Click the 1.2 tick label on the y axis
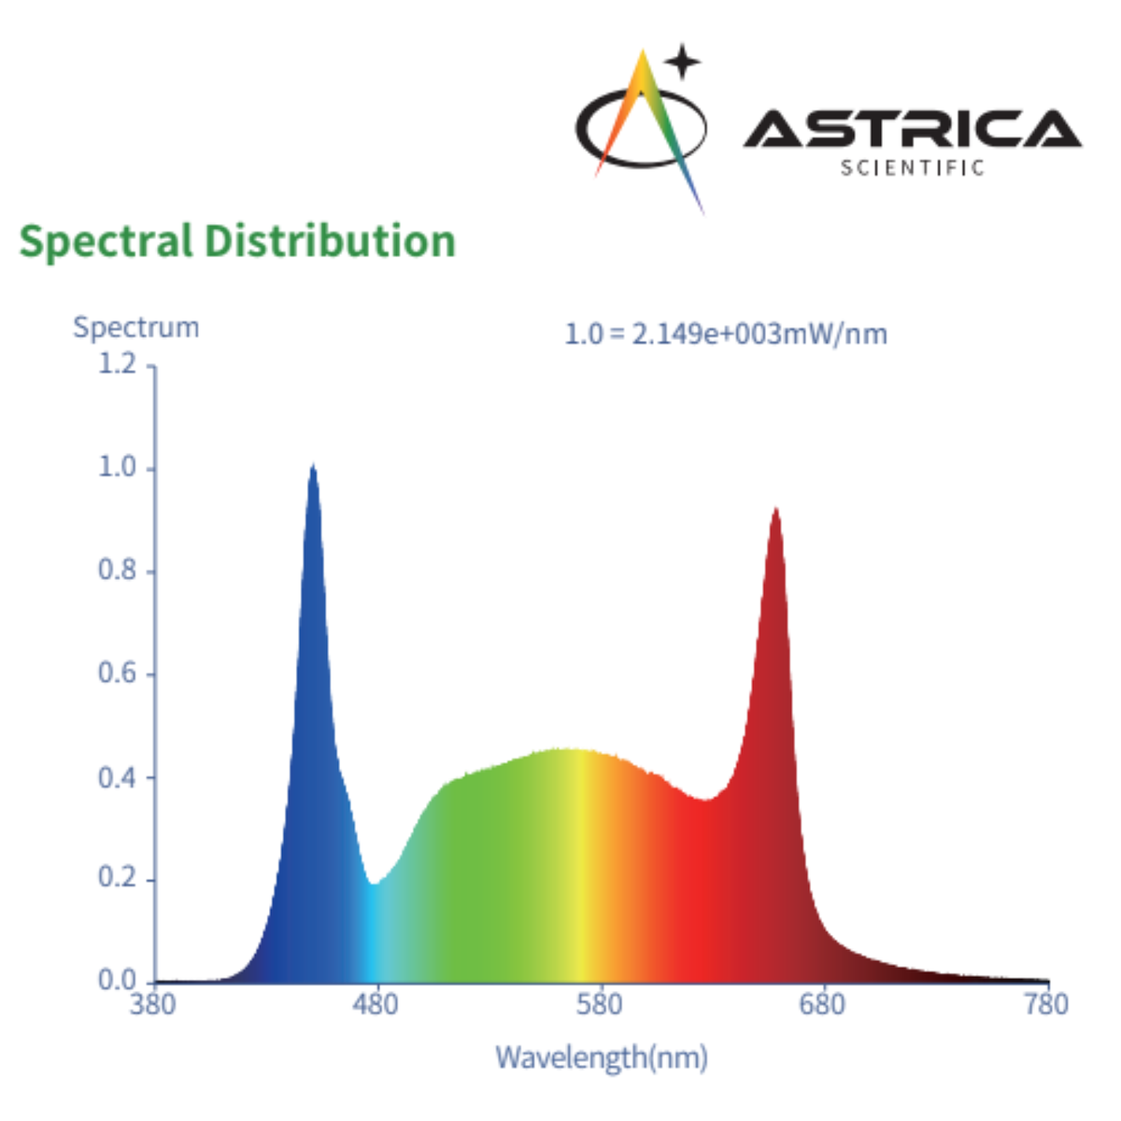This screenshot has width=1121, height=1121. pyautogui.click(x=117, y=362)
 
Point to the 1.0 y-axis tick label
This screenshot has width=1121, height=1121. pyautogui.click(x=117, y=467)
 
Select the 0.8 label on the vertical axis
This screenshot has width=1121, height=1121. pyautogui.click(x=117, y=570)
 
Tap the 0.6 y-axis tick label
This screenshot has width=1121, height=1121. pyautogui.click(x=117, y=674)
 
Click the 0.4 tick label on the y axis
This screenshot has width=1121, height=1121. pyautogui.click(x=117, y=777)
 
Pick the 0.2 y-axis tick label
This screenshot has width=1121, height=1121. pyautogui.click(x=117, y=879)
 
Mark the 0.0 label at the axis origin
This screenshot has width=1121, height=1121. pyautogui.click(x=117, y=980)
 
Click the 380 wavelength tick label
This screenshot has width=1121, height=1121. pyautogui.click(x=152, y=1005)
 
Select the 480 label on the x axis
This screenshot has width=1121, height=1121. pyautogui.click(x=376, y=1005)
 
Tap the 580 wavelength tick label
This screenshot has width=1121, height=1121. pyautogui.click(x=599, y=1005)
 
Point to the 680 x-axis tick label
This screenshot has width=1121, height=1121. pyautogui.click(x=822, y=1005)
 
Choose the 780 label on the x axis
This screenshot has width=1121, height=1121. pyautogui.click(x=1045, y=1005)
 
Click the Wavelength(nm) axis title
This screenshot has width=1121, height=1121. pyautogui.click(x=602, y=1057)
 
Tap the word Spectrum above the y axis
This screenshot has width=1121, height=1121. pyautogui.click(x=136, y=327)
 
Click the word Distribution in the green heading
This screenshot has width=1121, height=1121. pyautogui.click(x=330, y=241)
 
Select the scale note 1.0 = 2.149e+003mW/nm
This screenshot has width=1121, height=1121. pyautogui.click(x=726, y=333)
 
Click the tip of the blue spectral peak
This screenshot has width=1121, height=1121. pyautogui.click(x=313, y=466)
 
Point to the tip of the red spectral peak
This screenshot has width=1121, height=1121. pyautogui.click(x=775, y=509)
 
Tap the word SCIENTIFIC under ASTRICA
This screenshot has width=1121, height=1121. pyautogui.click(x=913, y=168)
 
